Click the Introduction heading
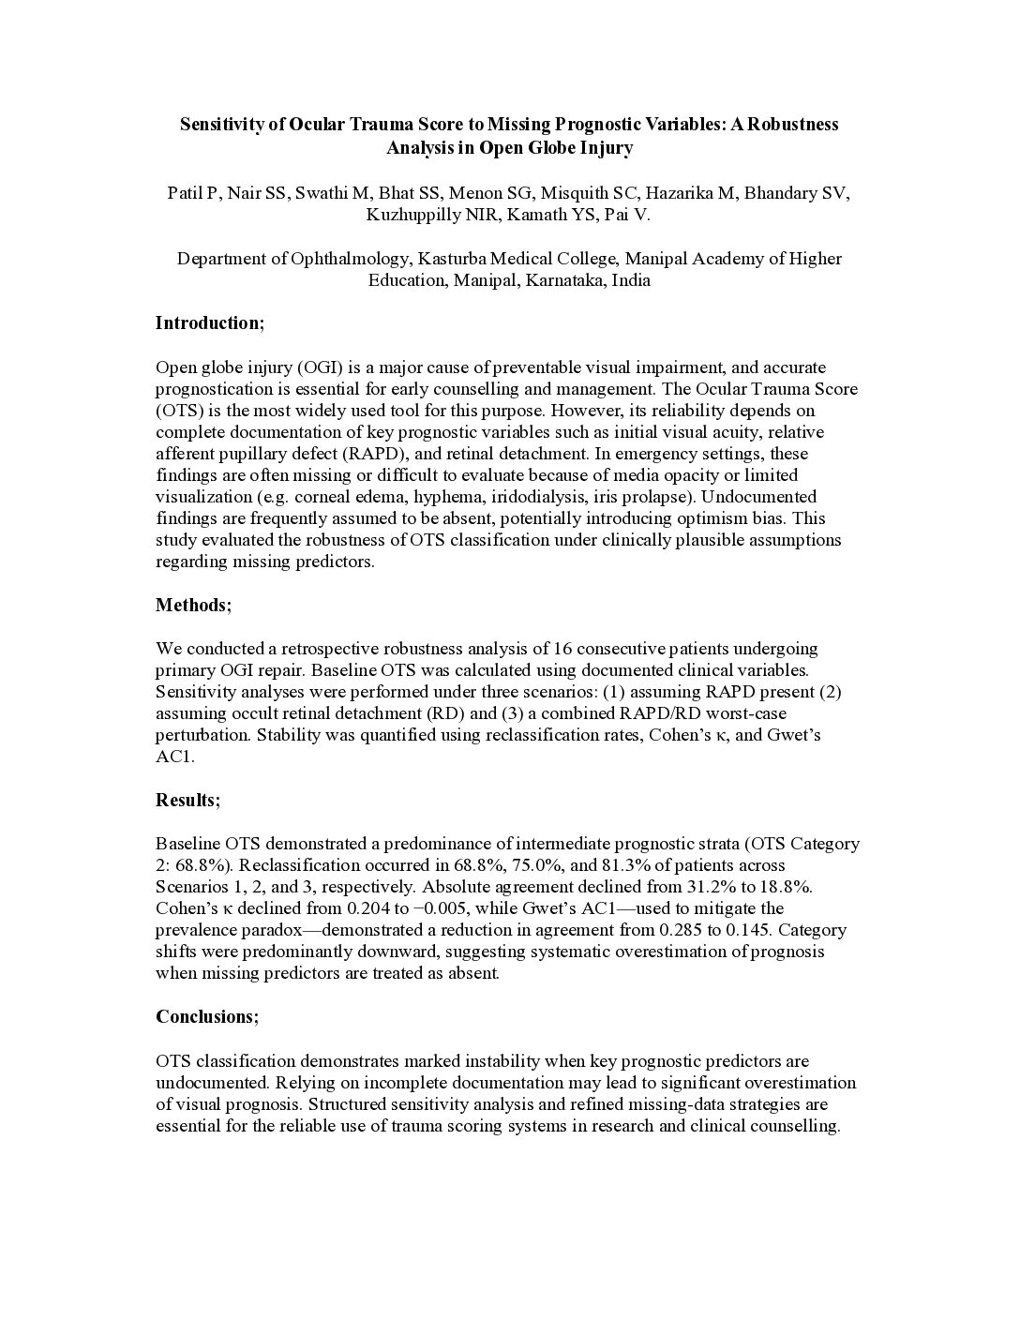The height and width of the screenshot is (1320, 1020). [x=210, y=323]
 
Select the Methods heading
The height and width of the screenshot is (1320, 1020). [x=193, y=605]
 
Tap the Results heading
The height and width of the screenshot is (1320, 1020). [x=188, y=801]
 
